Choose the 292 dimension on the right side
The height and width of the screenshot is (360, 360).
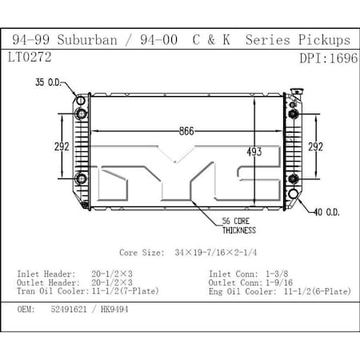(317, 146)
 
